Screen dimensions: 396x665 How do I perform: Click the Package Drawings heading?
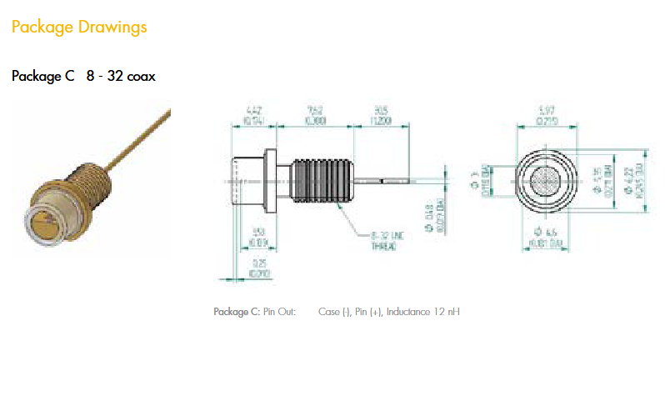coord(79,27)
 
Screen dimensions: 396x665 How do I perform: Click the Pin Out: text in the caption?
coord(280,313)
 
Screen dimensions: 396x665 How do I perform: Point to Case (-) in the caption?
coord(334,313)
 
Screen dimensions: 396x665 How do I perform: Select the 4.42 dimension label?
coord(254,110)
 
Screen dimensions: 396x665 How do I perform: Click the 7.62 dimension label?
coord(314,110)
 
